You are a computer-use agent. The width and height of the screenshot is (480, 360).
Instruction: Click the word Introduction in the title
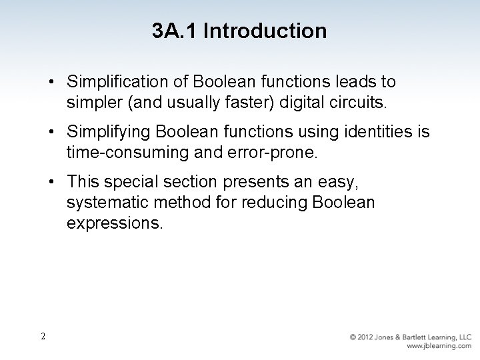[x=265, y=31]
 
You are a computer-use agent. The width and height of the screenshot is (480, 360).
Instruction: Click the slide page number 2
[x=42, y=336]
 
